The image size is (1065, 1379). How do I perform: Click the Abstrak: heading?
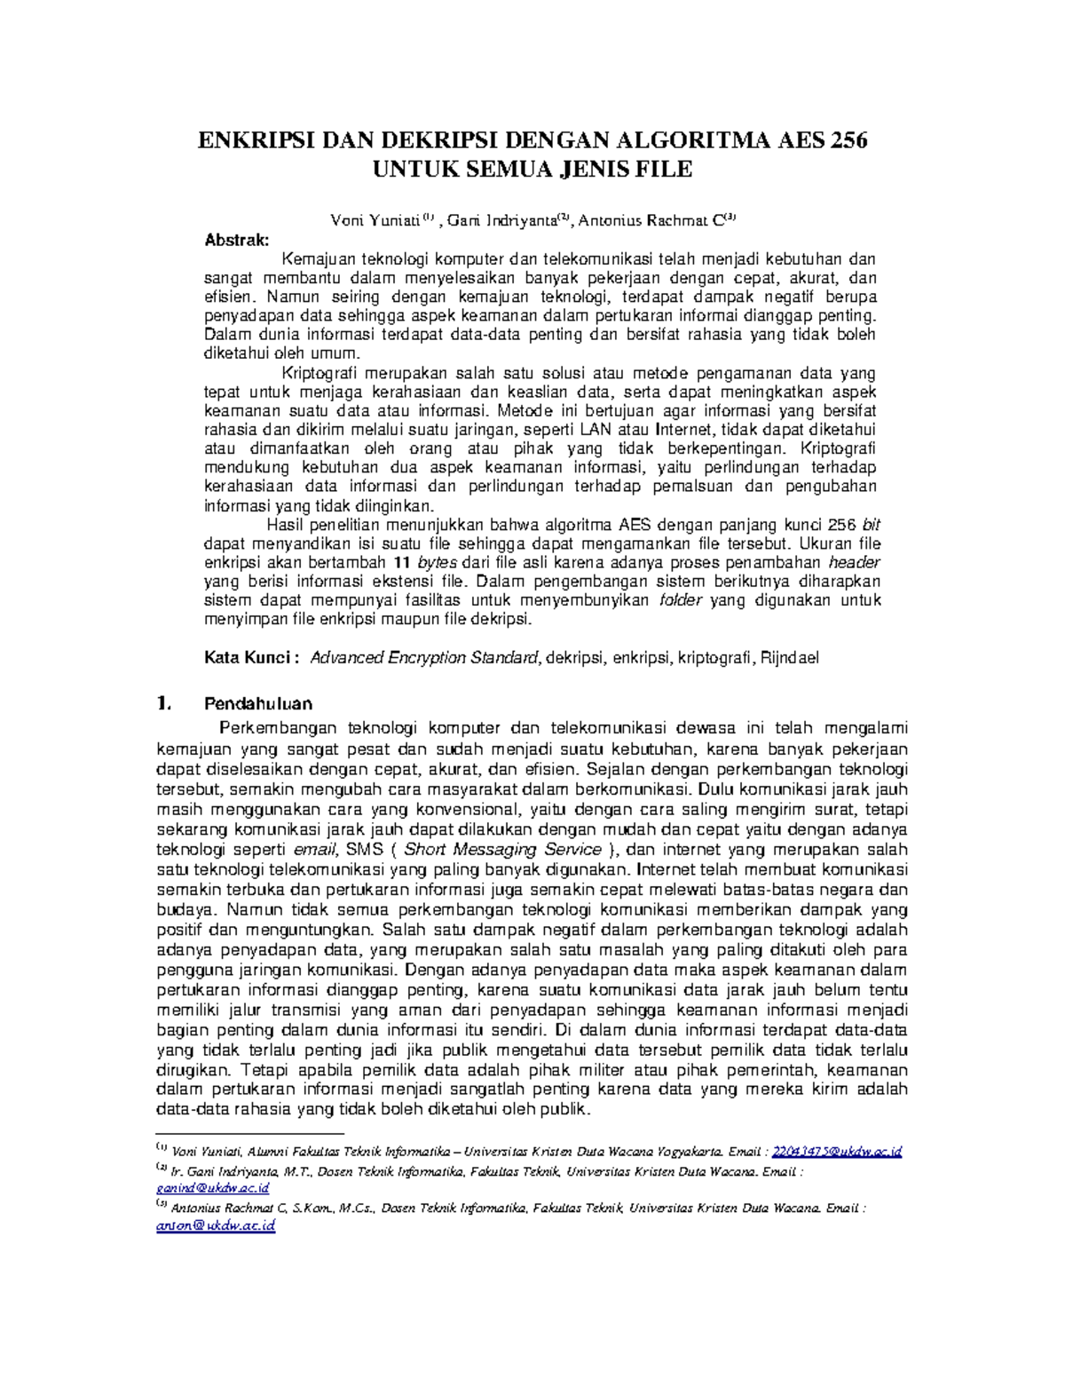tap(236, 240)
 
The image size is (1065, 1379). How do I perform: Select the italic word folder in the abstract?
tap(682, 600)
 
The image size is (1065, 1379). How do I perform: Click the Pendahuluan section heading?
tap(258, 704)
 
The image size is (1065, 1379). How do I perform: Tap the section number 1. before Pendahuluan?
tap(162, 704)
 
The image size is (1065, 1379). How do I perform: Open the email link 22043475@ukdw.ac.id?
tap(837, 1152)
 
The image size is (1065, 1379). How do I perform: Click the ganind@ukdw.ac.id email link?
tap(212, 1188)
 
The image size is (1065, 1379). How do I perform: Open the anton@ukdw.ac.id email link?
tap(216, 1225)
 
